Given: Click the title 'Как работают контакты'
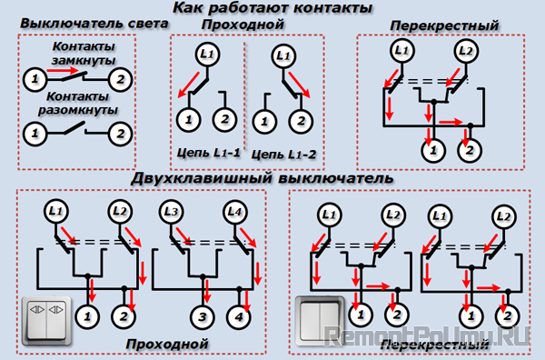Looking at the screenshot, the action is tap(272, 8).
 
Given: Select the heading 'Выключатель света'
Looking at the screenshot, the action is tap(94, 24).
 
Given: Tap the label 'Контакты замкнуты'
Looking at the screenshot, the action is tap(84, 54).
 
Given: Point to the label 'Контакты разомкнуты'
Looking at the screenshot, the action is tap(78, 103).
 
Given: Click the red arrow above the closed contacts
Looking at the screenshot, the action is tap(64, 71).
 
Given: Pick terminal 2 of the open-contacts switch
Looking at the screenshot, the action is tap(120, 134).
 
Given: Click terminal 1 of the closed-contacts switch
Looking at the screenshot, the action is tap(35, 79).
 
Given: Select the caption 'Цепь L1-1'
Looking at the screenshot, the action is tap(208, 153).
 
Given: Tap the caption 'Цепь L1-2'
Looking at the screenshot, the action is tap(283, 154).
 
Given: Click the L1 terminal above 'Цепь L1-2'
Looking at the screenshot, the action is tap(283, 56).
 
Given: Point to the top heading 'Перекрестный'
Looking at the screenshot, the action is tap(444, 25).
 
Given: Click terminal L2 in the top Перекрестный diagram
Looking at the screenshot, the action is tap(466, 51).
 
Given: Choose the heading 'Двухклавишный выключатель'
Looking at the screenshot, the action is tap(263, 178).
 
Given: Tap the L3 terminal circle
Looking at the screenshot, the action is tap(172, 212).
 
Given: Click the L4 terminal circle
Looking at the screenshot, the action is tap(234, 212).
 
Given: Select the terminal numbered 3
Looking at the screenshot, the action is tap(203, 317).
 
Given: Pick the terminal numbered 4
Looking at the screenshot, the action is tap(239, 317).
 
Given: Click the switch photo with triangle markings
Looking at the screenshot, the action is tap(47, 321).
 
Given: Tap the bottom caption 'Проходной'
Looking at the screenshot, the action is tap(167, 344).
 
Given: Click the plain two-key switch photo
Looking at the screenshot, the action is tap(320, 321).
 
